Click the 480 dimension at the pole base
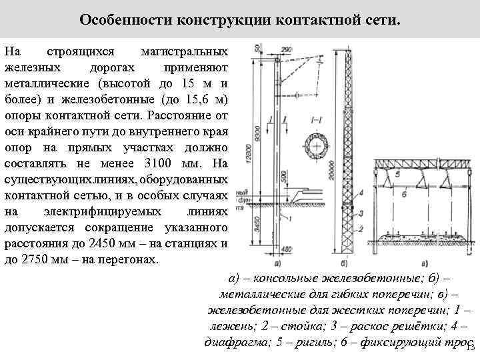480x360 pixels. tap(287, 249)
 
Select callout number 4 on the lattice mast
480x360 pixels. tap(361, 193)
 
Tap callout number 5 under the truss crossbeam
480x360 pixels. tap(397, 175)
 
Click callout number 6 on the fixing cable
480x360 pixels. tap(405, 193)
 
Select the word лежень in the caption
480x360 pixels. tap(229, 327)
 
